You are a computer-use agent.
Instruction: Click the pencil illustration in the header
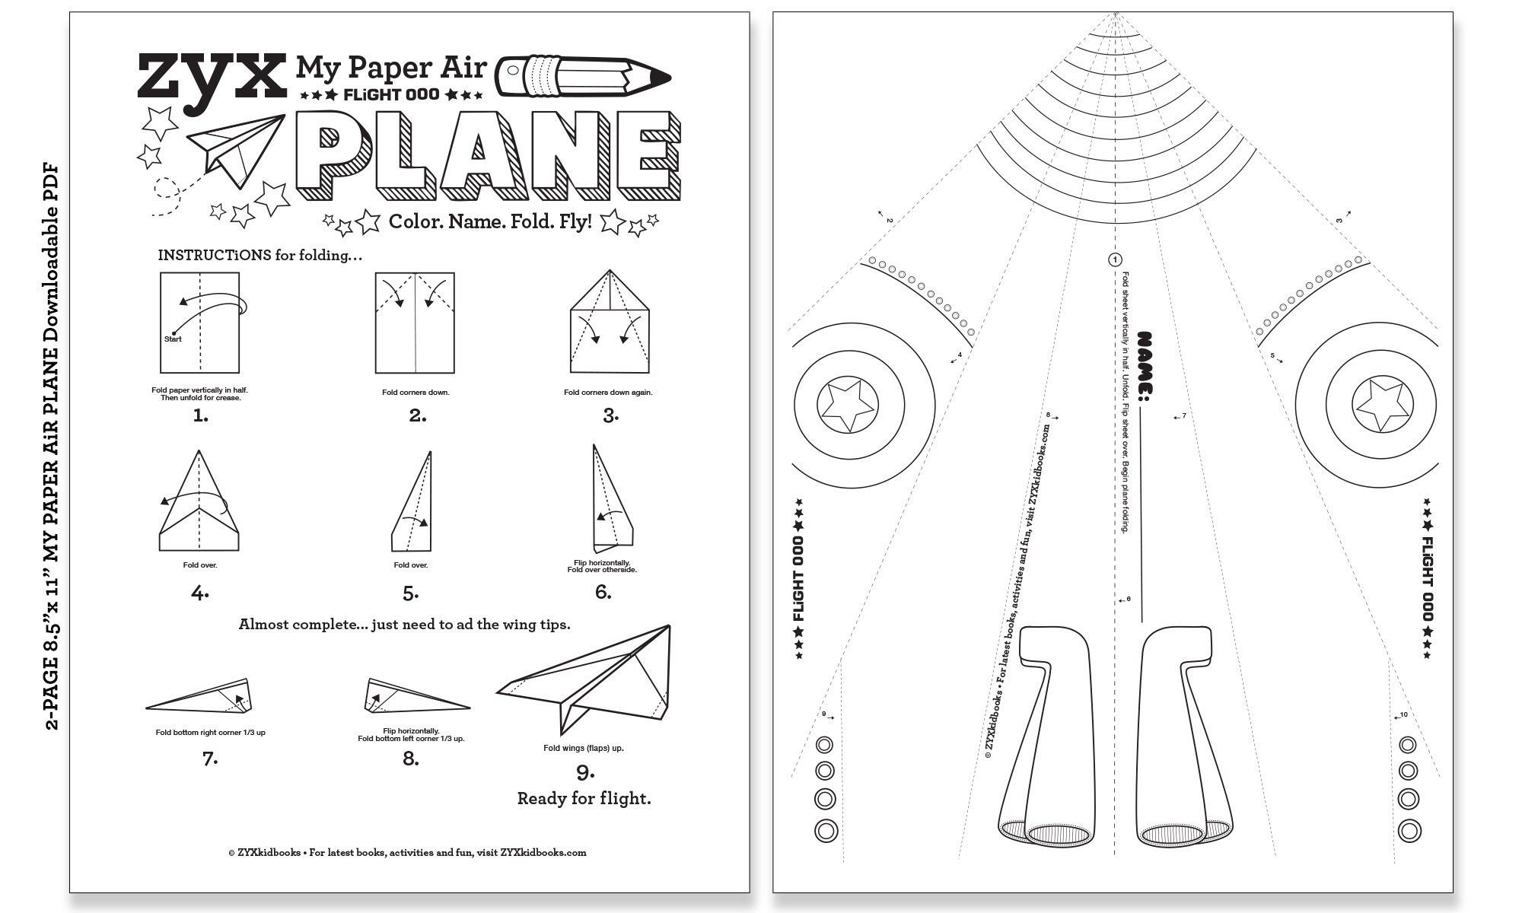pyautogui.click(x=582, y=77)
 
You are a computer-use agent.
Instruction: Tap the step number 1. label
pyautogui.click(x=201, y=415)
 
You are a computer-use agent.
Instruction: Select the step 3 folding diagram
pyautogui.click(x=610, y=323)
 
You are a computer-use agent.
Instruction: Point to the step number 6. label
pyautogui.click(x=603, y=592)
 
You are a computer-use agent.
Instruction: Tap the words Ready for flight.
pyautogui.click(x=584, y=798)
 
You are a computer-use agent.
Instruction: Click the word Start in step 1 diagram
pyautogui.click(x=173, y=339)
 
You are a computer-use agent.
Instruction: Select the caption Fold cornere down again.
pyautogui.click(x=608, y=393)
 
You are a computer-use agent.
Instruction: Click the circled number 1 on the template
pyautogui.click(x=1115, y=260)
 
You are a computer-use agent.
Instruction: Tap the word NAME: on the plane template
pyautogui.click(x=1144, y=366)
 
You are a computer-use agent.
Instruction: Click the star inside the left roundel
pyautogui.click(x=847, y=404)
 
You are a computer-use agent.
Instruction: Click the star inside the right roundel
pyautogui.click(x=1382, y=404)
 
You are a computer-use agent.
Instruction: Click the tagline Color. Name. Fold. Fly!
pyautogui.click(x=490, y=221)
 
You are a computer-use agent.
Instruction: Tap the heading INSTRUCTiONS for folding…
pyautogui.click(x=260, y=255)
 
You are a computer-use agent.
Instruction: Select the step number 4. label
pyautogui.click(x=200, y=593)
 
